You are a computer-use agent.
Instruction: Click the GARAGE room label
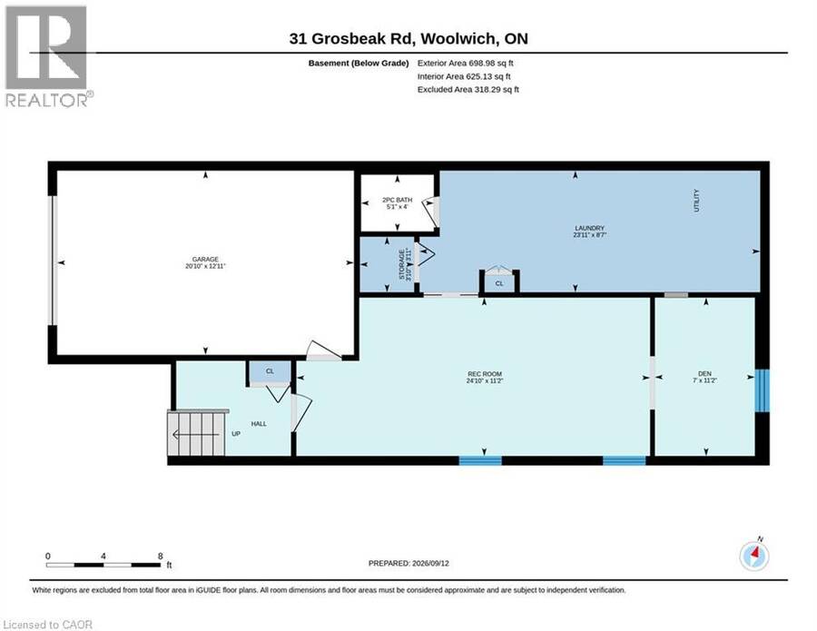coord(205,259)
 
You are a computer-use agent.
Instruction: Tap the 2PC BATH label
coord(397,200)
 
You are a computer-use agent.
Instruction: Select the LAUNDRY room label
coord(589,228)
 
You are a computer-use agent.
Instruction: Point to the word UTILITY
coord(696,201)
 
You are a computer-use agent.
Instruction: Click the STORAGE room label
coord(402,265)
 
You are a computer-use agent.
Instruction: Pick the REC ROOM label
coord(485,374)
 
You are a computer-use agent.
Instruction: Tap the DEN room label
coord(704,373)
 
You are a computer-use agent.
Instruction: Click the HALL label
coord(259,424)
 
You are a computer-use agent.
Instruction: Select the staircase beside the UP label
coord(197,432)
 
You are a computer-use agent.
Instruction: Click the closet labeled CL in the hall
coord(270,372)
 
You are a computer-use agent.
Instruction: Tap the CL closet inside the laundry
coord(499,281)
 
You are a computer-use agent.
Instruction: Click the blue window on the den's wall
coord(762,390)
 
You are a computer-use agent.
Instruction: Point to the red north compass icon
coord(754,556)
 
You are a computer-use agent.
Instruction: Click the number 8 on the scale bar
coord(161,556)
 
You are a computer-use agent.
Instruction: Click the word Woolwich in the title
coord(458,38)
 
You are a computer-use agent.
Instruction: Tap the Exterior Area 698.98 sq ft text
coord(466,63)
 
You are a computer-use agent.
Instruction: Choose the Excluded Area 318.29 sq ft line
coord(468,89)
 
